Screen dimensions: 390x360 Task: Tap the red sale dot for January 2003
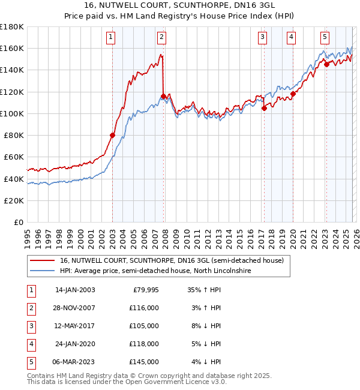112,135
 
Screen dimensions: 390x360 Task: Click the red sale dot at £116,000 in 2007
163,96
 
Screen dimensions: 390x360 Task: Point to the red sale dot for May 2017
263,108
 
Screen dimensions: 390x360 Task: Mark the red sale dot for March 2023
326,65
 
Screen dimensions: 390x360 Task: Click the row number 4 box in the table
31,344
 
